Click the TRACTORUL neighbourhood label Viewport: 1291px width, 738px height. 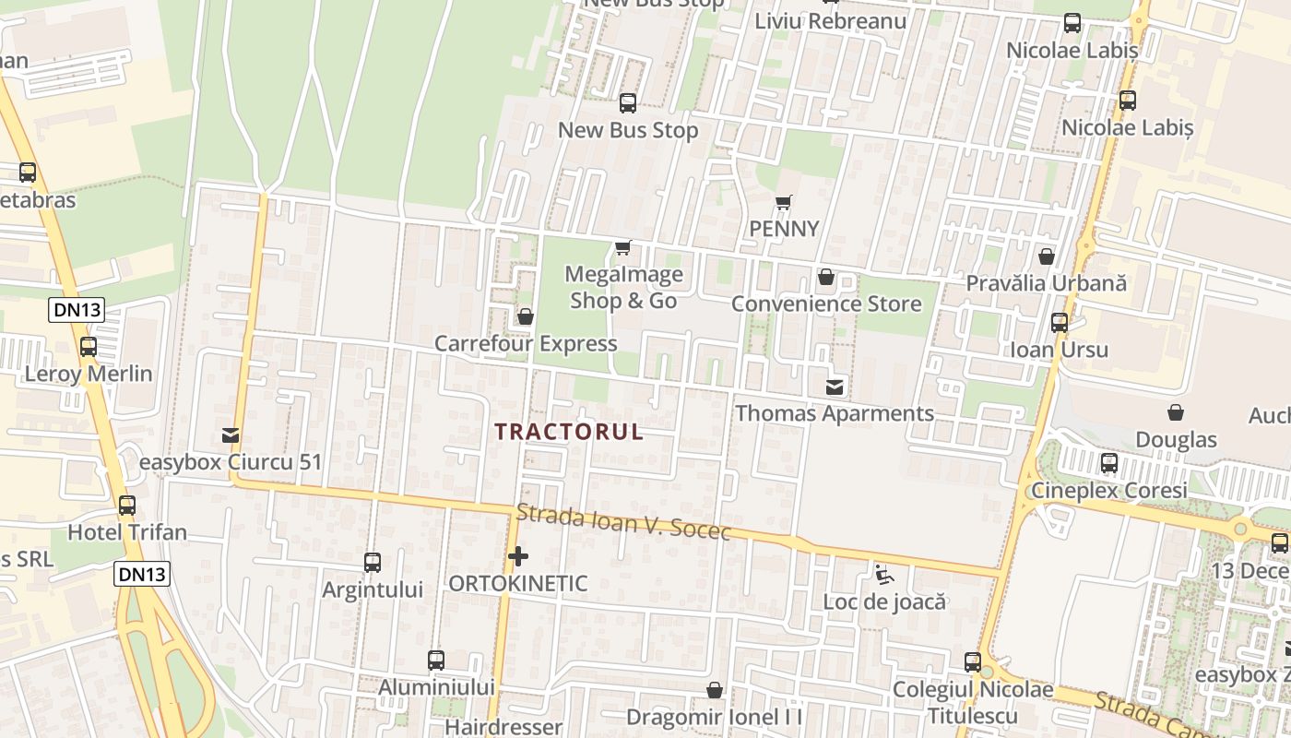coord(569,432)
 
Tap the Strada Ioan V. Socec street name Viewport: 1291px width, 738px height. coord(623,522)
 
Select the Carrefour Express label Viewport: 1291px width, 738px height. coord(526,344)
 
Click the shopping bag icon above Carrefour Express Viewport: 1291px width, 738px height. coord(526,317)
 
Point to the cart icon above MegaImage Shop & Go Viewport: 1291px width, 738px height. coord(623,247)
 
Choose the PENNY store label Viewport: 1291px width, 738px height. coord(784,229)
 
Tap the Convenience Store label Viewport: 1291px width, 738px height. coord(826,304)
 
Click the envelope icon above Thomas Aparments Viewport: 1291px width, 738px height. coord(835,387)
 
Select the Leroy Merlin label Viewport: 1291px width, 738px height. coord(89,375)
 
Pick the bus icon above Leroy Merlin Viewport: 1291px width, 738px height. coord(89,347)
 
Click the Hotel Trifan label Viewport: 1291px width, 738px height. coord(127,532)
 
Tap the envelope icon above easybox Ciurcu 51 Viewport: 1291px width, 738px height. coord(231,435)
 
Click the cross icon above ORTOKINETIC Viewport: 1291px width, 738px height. coord(518,556)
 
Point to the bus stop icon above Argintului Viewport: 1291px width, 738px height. coord(373,563)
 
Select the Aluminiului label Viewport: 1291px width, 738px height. coord(436,687)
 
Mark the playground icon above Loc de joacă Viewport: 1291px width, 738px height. coord(884,575)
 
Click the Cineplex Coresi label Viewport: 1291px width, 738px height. coord(1108,491)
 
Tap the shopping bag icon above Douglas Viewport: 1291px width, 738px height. coord(1176,412)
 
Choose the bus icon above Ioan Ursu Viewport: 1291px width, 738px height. coord(1060,323)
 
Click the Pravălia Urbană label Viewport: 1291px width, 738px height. coord(1046,283)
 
